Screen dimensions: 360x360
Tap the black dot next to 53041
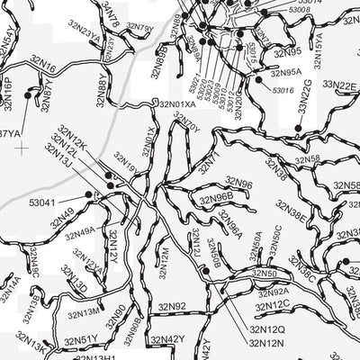[x=88, y=193]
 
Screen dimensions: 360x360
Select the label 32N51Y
[x=80, y=340]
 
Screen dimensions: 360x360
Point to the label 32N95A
[x=285, y=71]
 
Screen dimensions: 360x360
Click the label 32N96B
[x=216, y=197]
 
